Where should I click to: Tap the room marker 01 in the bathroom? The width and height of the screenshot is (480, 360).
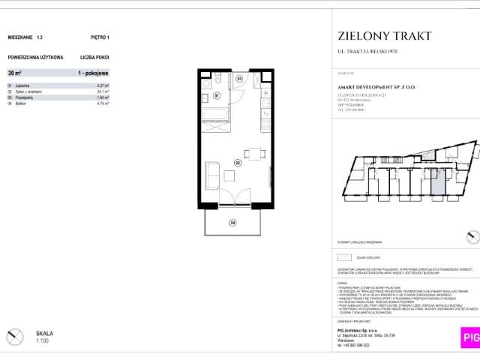point(216,96)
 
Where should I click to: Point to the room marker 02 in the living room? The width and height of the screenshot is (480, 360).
point(236,161)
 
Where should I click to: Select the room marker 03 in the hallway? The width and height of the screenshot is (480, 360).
point(239,78)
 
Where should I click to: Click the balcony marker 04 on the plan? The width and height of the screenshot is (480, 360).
point(232,222)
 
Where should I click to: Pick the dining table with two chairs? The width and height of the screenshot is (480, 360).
point(256,153)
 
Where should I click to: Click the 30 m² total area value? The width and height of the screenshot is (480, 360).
point(15,73)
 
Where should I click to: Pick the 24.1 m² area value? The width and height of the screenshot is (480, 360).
point(103,91)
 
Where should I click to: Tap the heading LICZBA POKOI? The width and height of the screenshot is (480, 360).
point(95,57)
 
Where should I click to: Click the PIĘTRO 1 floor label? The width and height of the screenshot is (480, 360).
point(99,36)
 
